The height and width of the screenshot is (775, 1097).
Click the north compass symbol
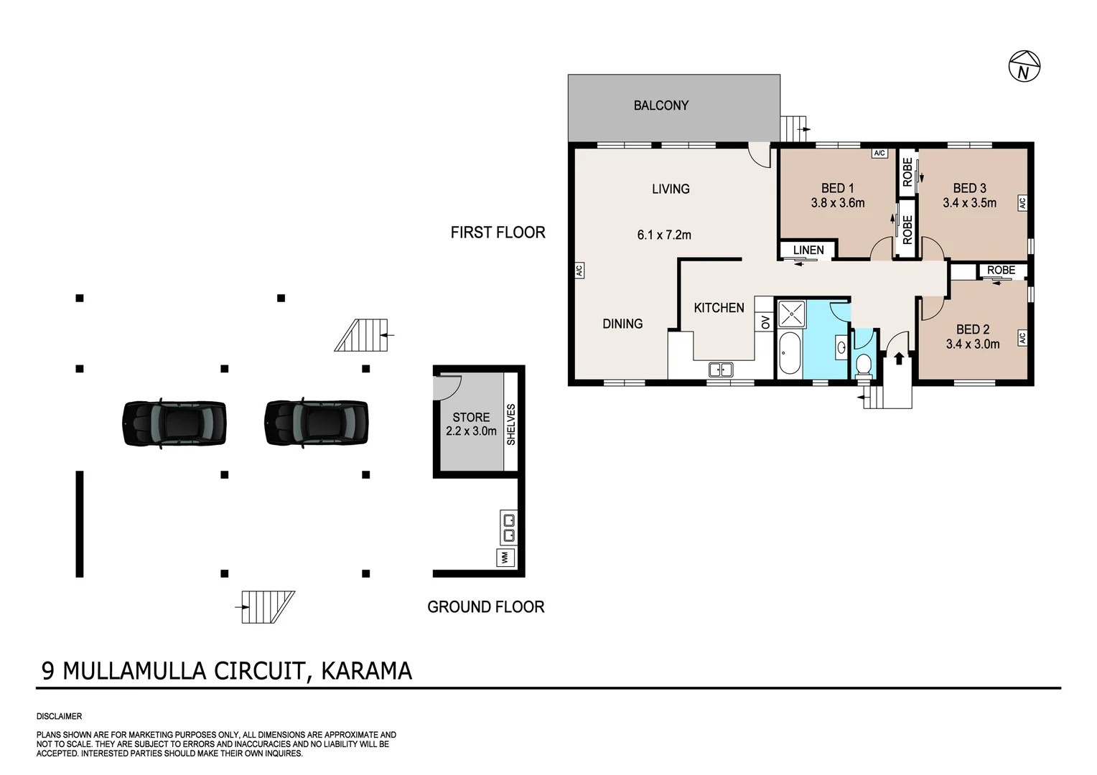coord(1024,67)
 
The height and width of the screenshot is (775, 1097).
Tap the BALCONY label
coord(660,105)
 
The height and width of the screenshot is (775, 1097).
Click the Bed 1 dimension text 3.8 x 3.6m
coord(837,203)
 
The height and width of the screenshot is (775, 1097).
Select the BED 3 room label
coord(969,188)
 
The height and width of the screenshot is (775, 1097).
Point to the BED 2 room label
coord(972,329)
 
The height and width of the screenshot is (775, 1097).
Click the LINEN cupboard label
coord(808,250)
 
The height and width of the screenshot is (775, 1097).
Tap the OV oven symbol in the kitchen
coord(765,322)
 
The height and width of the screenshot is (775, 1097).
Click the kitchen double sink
coord(720,370)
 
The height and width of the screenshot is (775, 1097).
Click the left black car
coord(174,423)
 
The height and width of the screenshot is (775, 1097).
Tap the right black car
coord(317,423)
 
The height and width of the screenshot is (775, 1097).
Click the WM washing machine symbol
coord(505,557)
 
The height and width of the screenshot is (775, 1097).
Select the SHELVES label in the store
coord(511,424)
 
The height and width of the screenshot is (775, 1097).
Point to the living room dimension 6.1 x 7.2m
coord(664,235)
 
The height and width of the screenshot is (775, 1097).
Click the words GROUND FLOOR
coord(485,607)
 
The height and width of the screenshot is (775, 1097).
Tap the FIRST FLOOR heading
coord(498,232)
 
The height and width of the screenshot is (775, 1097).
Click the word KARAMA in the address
coord(366,671)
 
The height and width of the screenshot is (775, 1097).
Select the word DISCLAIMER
coord(59,716)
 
